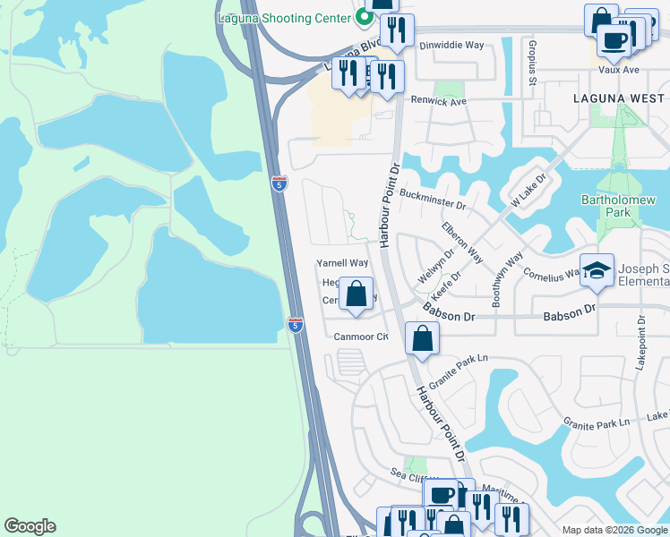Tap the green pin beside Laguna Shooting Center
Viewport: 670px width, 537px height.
click(364, 16)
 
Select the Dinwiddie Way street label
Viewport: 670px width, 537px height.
click(452, 46)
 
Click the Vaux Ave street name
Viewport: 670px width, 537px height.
click(619, 69)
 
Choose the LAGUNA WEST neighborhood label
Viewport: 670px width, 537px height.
click(620, 98)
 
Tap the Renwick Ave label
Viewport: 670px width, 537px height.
click(440, 102)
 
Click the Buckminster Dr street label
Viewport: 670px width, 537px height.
click(434, 199)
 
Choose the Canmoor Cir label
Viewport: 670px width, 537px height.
click(360, 337)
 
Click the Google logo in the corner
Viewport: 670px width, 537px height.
click(30, 526)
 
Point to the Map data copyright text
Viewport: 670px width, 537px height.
click(614, 530)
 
